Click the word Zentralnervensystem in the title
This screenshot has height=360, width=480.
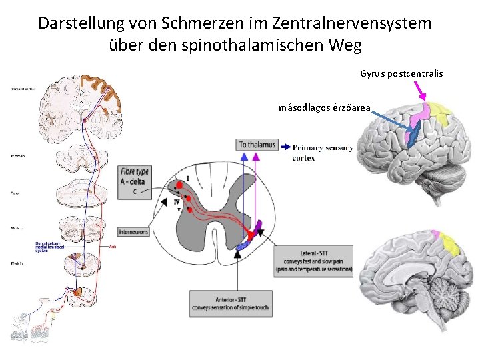351,23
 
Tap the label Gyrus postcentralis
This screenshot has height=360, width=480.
401,73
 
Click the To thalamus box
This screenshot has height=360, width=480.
256,145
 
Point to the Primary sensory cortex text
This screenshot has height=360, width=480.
321,152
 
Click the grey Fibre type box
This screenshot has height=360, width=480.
134,181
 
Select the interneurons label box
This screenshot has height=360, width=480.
134,232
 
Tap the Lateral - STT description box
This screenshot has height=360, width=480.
313,261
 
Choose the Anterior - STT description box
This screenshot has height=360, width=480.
231,302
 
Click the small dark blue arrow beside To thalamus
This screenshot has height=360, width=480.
285,147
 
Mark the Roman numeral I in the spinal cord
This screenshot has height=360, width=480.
188,178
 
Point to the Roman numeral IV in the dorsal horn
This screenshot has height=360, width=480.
177,201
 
